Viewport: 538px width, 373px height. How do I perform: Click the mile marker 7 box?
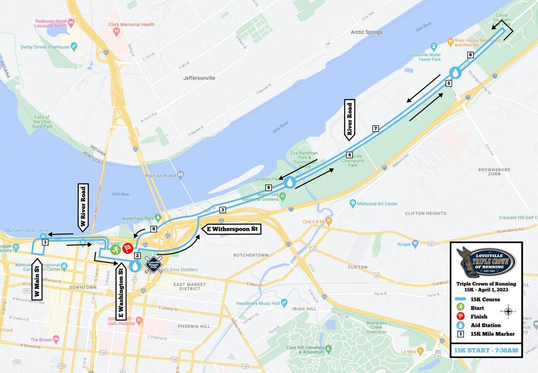tap(375, 128)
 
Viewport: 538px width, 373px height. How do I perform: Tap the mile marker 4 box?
tap(349, 155)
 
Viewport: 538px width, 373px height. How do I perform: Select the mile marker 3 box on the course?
tap(222, 210)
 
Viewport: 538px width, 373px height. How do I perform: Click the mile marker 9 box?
tap(153, 229)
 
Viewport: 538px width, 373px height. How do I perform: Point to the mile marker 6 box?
tap(470, 55)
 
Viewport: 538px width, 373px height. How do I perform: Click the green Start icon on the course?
tap(115, 249)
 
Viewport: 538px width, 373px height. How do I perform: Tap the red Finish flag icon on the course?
tap(128, 248)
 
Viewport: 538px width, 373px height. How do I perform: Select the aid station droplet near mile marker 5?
tap(455, 73)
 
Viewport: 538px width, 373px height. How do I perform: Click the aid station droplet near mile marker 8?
tap(290, 182)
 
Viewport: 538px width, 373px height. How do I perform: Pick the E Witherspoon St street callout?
tap(232, 229)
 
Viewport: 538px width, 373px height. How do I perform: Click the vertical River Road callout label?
tap(350, 119)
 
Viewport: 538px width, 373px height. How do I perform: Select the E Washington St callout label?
tap(121, 292)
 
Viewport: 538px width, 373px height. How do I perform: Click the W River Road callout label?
tap(83, 207)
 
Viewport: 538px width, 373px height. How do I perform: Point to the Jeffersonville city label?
tap(199, 78)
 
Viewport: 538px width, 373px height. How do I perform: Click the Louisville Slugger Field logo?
tap(153, 265)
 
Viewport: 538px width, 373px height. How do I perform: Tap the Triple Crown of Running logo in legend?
tap(486, 262)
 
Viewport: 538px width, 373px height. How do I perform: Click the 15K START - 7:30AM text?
tap(486, 350)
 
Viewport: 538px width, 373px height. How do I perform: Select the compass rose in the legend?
tap(508, 311)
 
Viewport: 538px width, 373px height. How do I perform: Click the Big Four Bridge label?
tap(161, 176)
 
